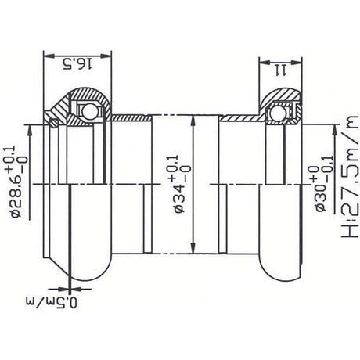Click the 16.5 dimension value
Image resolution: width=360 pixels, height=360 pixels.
(77, 64)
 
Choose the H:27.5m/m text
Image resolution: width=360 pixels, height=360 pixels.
(351, 177)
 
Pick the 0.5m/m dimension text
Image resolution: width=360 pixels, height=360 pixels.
(52, 302)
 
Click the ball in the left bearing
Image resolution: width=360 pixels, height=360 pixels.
(89, 111)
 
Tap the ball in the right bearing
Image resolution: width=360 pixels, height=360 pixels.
(278, 113)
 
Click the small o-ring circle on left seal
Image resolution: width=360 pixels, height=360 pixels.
(54, 123)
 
